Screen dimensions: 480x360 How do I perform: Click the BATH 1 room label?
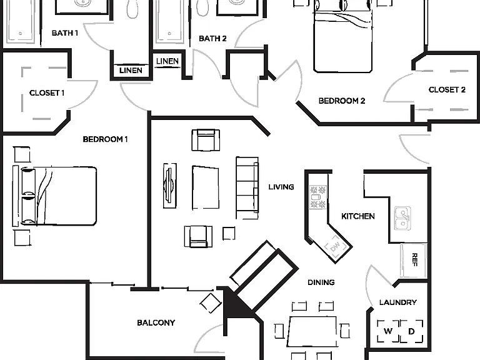click(65, 32)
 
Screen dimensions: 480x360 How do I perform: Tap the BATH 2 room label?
click(212, 39)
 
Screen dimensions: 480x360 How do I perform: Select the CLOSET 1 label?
click(47, 92)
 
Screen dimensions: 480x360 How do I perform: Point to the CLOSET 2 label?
click(447, 90)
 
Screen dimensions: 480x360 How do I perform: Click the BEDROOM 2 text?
click(342, 101)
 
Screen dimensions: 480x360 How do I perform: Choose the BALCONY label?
click(156, 322)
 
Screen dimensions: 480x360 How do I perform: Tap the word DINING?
click(321, 282)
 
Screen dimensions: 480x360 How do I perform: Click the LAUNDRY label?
click(398, 302)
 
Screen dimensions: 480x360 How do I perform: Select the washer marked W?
click(388, 331)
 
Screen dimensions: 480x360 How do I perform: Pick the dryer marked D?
click(412, 331)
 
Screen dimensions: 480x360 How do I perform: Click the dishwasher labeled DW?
click(336, 246)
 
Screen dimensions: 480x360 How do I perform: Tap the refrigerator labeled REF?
click(414, 260)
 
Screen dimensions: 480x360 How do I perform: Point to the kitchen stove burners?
click(318, 197)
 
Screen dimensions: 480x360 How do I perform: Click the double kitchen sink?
click(402, 219)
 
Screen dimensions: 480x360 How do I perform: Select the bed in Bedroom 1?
click(54, 196)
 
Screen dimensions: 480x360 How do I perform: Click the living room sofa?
click(247, 187)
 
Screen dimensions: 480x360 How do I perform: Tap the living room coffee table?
click(206, 187)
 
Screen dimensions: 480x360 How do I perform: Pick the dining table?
click(312, 332)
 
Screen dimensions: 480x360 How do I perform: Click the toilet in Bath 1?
click(132, 9)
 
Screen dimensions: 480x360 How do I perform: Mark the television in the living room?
click(169, 186)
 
